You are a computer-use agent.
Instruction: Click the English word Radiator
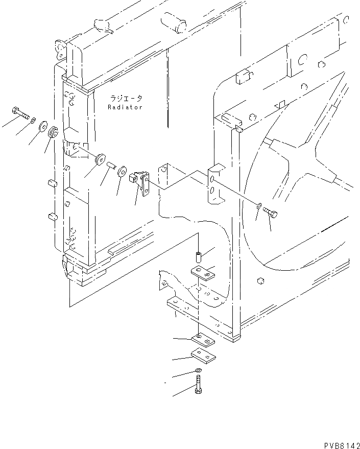click(125, 107)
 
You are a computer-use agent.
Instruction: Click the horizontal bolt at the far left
click(19, 112)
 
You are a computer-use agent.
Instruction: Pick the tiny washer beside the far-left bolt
click(33, 121)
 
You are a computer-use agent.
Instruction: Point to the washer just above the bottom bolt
click(198, 371)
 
